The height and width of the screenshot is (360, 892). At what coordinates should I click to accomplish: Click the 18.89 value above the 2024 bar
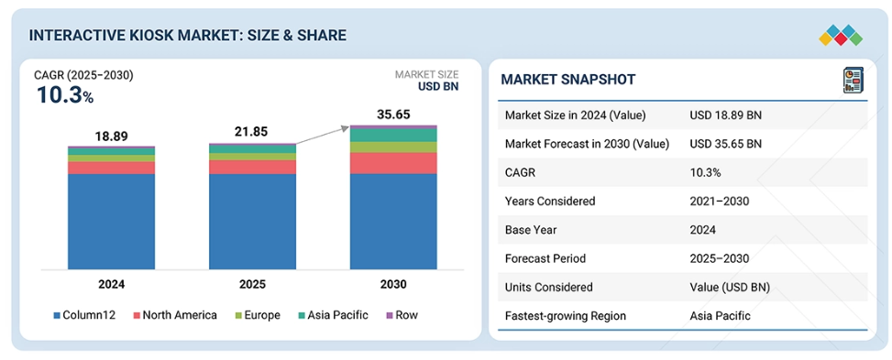tap(112, 136)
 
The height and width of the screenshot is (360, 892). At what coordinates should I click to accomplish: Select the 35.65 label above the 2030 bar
tap(393, 115)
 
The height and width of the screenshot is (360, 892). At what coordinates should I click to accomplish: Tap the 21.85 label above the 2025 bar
tap(252, 132)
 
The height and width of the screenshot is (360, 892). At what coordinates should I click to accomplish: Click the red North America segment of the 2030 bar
tap(393, 163)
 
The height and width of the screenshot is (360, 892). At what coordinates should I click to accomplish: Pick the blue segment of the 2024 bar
tap(112, 222)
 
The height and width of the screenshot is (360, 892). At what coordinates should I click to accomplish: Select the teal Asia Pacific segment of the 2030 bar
tap(393, 135)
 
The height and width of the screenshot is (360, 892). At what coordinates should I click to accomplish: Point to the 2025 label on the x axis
tap(252, 284)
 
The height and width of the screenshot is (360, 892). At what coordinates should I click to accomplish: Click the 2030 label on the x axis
tap(393, 284)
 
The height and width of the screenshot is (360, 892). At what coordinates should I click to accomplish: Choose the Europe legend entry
tap(257, 315)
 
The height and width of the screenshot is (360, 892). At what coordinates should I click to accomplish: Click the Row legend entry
tap(402, 315)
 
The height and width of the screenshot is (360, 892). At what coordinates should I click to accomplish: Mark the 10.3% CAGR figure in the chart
tap(65, 95)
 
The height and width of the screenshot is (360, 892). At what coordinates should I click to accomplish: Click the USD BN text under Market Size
tap(438, 86)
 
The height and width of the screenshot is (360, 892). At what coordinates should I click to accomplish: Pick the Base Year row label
tap(530, 230)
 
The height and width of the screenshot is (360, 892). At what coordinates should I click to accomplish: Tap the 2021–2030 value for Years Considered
tap(719, 201)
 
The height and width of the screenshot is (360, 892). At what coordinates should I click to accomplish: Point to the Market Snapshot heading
tap(567, 80)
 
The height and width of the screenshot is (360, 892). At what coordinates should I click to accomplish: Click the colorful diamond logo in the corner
tap(841, 35)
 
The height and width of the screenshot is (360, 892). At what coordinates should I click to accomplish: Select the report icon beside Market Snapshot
tap(853, 81)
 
